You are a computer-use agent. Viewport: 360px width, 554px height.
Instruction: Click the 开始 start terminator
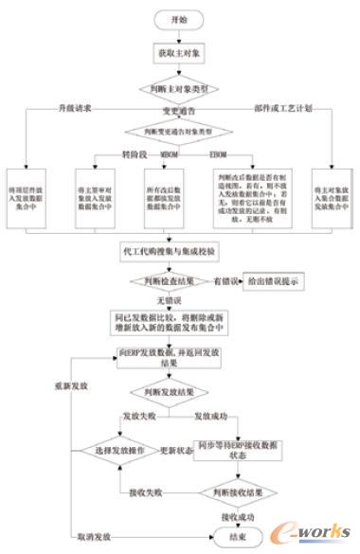pyautogui.click(x=179, y=18)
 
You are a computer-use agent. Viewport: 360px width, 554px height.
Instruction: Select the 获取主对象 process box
pyautogui.click(x=179, y=56)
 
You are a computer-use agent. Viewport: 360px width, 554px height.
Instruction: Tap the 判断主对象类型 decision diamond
pyautogui.click(x=179, y=90)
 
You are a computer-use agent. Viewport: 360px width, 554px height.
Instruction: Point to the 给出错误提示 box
pyautogui.click(x=275, y=280)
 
